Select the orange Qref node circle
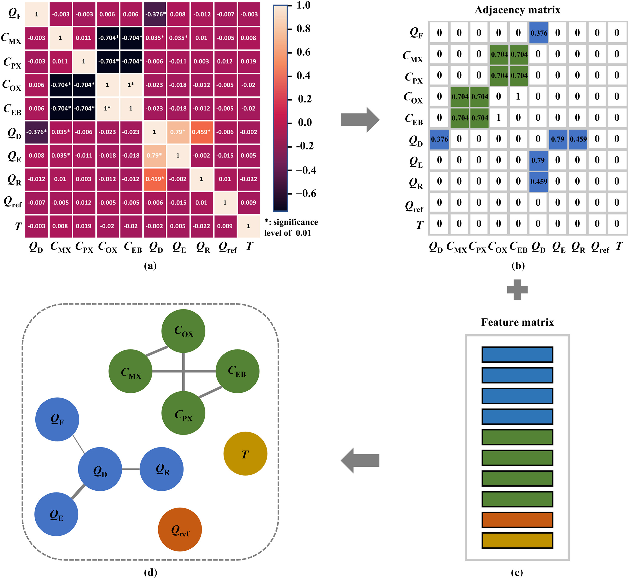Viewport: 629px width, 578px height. (x=180, y=529)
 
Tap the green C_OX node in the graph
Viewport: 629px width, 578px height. (x=183, y=331)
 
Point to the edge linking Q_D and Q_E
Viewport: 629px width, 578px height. (x=78, y=492)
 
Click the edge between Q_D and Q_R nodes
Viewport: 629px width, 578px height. (x=131, y=469)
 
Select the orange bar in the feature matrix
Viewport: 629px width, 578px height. (x=517, y=520)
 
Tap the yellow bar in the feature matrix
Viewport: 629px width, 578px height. (x=517, y=540)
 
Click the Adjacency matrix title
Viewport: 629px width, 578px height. (x=517, y=10)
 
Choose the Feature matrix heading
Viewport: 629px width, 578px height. (x=517, y=322)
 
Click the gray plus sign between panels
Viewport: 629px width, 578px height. (x=517, y=289)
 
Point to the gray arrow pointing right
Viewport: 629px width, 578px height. (x=360, y=120)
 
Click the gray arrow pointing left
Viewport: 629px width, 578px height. (x=360, y=460)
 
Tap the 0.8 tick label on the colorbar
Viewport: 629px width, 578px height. (x=303, y=29)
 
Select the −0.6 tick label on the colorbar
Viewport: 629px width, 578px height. (x=306, y=194)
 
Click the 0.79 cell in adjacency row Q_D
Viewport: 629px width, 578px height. (x=558, y=139)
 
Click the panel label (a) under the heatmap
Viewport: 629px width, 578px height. (x=150, y=266)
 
